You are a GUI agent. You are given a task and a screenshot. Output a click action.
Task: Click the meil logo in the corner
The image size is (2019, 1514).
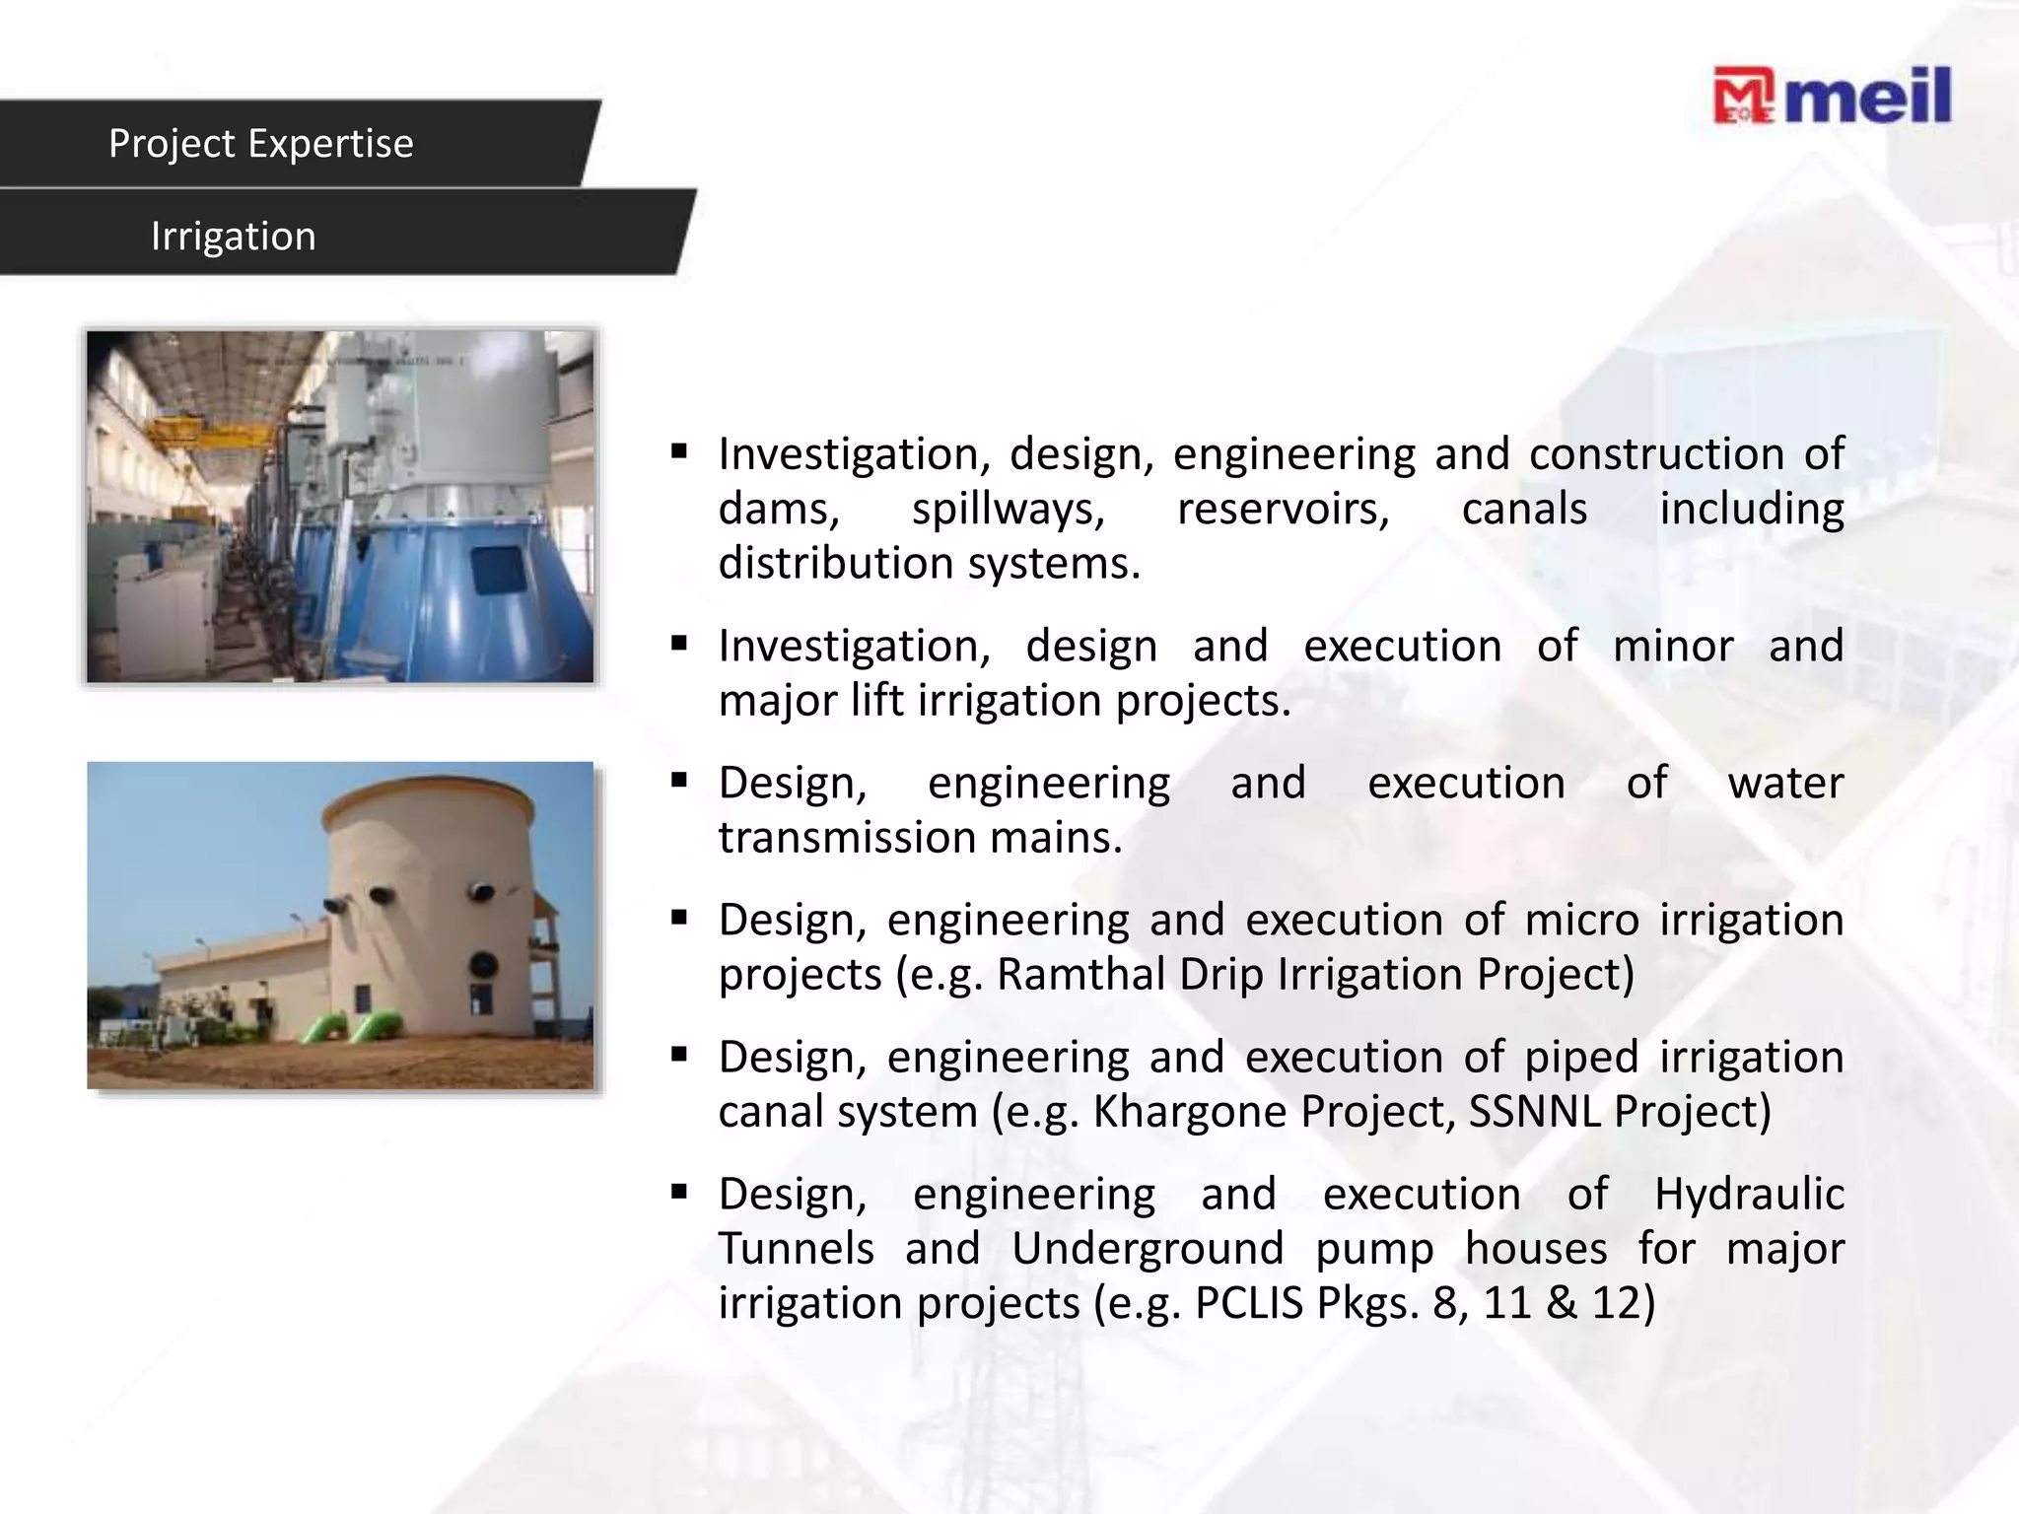tap(1832, 97)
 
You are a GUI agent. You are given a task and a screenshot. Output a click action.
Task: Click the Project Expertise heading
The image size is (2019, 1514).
tap(261, 144)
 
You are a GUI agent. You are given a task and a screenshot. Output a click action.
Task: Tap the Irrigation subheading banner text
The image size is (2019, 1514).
tap(234, 237)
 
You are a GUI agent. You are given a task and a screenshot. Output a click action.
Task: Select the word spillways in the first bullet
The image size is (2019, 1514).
tap(1008, 510)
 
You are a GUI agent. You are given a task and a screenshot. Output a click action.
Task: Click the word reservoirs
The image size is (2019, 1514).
tap(1283, 510)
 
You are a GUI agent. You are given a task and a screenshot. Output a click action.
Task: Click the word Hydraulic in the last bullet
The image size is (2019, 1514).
tap(1749, 1194)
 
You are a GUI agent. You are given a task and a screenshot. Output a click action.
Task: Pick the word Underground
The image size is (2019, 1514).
tap(1148, 1249)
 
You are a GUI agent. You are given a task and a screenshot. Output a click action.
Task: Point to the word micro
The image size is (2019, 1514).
tap(1582, 920)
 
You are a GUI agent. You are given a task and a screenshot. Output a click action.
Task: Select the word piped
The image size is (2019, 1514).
tap(1582, 1057)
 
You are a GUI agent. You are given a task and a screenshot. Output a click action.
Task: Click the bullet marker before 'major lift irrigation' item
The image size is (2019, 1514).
tap(678, 645)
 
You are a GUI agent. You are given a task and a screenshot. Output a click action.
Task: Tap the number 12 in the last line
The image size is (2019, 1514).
tap(1617, 1302)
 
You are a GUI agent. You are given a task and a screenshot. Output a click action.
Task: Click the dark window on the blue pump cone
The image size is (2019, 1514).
tap(497, 570)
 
